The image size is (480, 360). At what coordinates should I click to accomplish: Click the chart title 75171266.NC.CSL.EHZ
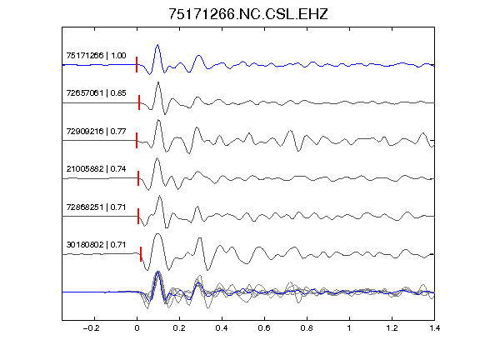click(248, 14)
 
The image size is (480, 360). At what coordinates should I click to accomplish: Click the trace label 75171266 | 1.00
click(96, 56)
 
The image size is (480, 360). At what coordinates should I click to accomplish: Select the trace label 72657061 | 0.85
click(96, 93)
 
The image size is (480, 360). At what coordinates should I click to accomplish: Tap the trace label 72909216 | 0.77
click(96, 132)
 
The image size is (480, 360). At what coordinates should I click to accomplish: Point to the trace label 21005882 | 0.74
click(96, 169)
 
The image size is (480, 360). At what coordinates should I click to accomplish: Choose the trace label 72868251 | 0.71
click(96, 207)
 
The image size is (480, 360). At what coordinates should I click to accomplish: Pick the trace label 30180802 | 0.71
click(96, 245)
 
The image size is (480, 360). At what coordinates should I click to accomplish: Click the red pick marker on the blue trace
click(137, 65)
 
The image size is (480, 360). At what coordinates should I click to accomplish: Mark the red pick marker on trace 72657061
click(139, 102)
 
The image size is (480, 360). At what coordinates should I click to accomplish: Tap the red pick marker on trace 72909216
click(137, 141)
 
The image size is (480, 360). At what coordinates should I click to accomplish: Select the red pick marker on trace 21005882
click(138, 178)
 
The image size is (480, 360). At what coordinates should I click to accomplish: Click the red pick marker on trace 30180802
click(141, 254)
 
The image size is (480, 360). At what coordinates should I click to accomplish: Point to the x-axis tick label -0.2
click(91, 328)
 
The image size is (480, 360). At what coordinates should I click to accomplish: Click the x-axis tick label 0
click(137, 328)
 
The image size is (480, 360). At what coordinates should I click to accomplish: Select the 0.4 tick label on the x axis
click(222, 328)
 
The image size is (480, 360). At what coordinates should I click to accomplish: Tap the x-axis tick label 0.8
click(307, 328)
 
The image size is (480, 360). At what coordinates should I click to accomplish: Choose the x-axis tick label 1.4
click(434, 328)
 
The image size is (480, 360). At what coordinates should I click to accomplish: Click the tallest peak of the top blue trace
click(157, 45)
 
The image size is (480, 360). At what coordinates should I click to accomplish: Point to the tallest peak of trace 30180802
click(157, 234)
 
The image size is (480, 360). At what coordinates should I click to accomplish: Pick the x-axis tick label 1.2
click(392, 328)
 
